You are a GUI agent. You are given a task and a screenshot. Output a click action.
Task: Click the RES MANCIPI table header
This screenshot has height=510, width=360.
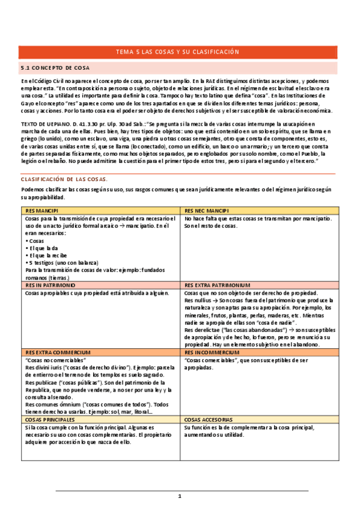click(42, 212)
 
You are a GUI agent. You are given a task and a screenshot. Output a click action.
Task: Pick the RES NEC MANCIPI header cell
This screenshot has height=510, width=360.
click(203, 212)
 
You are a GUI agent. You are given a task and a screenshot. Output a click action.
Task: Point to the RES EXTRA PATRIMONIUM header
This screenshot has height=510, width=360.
click(217, 286)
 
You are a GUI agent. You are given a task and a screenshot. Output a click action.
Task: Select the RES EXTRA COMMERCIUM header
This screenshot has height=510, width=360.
click(58, 352)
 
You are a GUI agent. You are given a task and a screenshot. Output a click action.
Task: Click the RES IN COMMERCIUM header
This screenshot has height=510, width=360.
click(210, 352)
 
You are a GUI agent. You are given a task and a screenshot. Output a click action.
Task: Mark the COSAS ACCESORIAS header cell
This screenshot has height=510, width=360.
click(209, 419)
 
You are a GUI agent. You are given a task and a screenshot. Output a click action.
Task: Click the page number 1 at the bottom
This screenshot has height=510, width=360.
click(179, 496)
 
